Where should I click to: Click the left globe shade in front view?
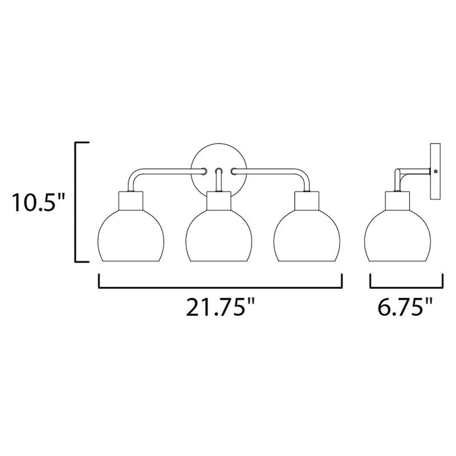coord(131,235)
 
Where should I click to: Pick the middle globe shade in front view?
coord(219,235)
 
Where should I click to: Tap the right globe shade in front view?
coord(307,235)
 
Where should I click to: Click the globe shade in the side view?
coord(397,235)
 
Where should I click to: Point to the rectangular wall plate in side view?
coord(435,172)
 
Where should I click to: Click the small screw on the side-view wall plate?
coord(435,172)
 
